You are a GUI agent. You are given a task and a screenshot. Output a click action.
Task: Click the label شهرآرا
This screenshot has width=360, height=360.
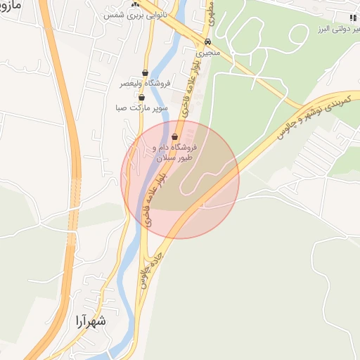click(89, 322)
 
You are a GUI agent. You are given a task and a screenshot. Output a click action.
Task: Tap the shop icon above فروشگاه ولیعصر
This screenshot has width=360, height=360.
click(145, 72)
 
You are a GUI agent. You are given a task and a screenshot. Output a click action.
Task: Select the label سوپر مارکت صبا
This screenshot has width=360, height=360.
click(141, 109)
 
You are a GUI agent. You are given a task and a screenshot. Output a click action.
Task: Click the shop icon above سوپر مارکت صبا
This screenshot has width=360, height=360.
click(141, 98)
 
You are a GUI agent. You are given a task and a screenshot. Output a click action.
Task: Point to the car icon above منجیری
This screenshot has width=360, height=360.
click(207, 41)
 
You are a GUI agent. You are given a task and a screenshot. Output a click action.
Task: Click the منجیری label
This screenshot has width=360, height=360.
click(207, 53)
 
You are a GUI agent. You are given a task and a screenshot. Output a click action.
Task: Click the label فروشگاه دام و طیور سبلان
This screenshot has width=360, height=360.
click(176, 153)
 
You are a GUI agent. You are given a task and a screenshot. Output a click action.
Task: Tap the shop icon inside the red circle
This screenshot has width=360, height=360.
click(175, 137)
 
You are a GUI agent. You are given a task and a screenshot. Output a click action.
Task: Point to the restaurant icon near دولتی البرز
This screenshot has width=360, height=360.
click(352, 17)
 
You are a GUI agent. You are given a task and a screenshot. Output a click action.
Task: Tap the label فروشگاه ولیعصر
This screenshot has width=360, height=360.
click(145, 84)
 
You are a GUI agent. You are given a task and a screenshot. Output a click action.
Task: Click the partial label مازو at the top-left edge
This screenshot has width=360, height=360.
click(13, 6)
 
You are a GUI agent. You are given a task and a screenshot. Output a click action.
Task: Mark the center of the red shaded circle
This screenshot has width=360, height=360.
click(180, 179)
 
